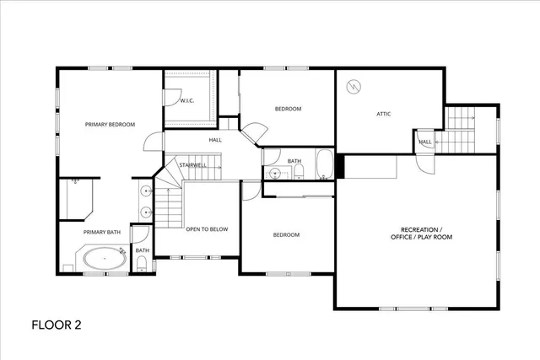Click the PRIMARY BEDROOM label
pos(110,125)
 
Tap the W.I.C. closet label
pos(187,101)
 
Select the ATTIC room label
pos(385,114)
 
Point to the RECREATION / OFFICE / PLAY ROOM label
pos(421,234)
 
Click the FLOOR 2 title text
pos(57,324)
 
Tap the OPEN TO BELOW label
pos(207,228)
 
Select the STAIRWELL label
pos(193,165)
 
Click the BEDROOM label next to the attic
pos(288,109)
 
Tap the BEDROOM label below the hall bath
pos(285,234)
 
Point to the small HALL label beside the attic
pos(425,142)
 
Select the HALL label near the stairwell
pos(215,140)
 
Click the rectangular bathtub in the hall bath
pos(325,165)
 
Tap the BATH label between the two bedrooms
pos(294,161)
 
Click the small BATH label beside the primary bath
pos(143,250)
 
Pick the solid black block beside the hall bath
pos(340,165)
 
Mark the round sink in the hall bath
pos(273,174)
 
